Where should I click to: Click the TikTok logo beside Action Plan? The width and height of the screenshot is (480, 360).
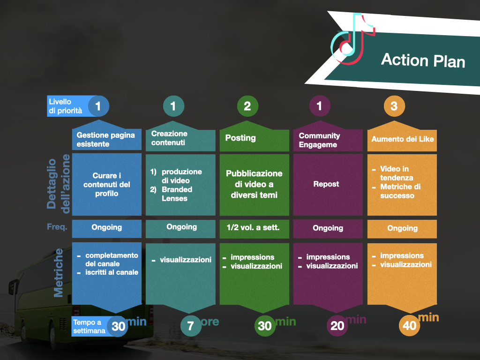352,39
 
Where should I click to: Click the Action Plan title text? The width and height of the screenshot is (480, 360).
423,60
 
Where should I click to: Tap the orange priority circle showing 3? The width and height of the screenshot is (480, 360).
394,106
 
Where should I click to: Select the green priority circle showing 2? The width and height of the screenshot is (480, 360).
247,106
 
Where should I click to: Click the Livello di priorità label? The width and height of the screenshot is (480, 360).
66,106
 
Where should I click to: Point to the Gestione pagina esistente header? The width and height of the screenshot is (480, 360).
105,140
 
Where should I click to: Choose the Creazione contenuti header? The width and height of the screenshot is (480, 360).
169,138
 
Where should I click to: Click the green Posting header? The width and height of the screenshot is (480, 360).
240,138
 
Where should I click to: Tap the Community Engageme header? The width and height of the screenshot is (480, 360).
319,140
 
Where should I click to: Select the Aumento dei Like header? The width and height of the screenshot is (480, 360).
403,139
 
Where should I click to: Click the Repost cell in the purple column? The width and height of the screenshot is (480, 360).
326,184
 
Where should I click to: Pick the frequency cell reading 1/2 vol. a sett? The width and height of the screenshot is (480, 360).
253,227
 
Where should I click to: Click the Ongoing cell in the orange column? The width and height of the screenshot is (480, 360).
402,228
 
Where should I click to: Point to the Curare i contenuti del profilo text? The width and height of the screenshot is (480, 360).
106,184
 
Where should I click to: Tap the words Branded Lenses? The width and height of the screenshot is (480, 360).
177,194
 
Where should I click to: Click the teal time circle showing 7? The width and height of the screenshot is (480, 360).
190,326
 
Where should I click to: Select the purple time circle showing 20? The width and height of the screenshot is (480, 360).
337,326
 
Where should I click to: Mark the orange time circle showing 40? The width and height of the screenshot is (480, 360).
409,325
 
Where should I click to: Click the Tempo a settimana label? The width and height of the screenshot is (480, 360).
89,326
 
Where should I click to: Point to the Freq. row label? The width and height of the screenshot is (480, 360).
57,227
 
